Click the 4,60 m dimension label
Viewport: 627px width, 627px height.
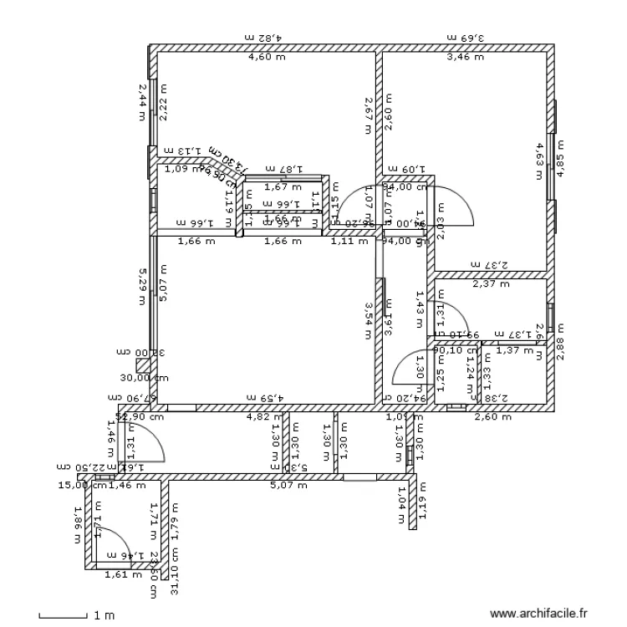coord(265,58)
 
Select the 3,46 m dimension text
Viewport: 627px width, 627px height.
coord(465,58)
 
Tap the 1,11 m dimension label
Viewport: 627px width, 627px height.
coord(349,242)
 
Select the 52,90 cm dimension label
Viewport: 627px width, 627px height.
coord(140,415)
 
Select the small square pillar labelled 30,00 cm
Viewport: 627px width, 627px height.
coord(143,366)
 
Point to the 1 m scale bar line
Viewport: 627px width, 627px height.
coord(64,616)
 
